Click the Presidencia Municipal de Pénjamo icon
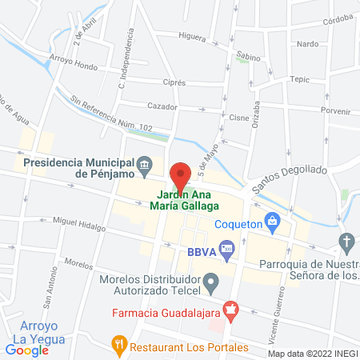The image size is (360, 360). click(x=144, y=166)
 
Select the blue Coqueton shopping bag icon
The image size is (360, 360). click(x=272, y=219)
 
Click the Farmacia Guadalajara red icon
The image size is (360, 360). click(x=230, y=308)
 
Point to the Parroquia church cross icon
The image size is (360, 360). click(x=347, y=241)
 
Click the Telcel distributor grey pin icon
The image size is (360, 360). click(x=211, y=281)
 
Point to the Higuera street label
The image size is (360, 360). click(x=193, y=37)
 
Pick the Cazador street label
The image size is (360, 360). click(x=162, y=106)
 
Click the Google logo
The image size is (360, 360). click(x=26, y=350)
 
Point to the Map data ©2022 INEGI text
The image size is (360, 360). click(x=312, y=354)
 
